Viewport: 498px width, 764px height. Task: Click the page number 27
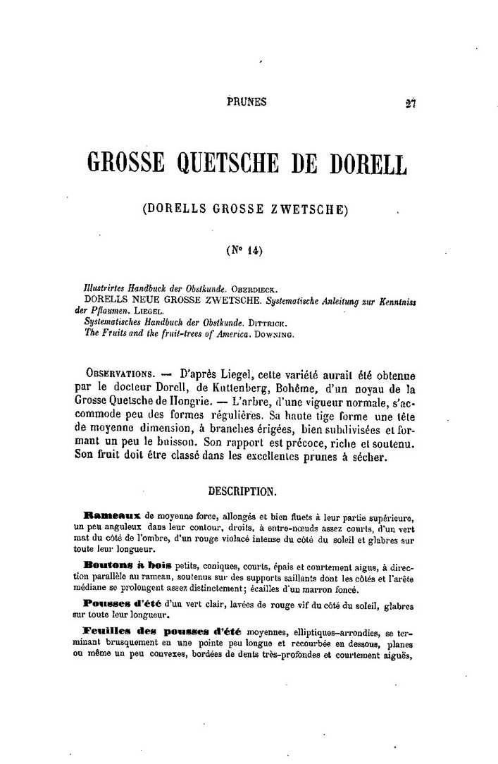[411, 103]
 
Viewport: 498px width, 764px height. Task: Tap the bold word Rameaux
[111, 515]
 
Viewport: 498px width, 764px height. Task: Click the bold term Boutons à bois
[124, 565]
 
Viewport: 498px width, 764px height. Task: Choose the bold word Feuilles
[107, 629]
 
